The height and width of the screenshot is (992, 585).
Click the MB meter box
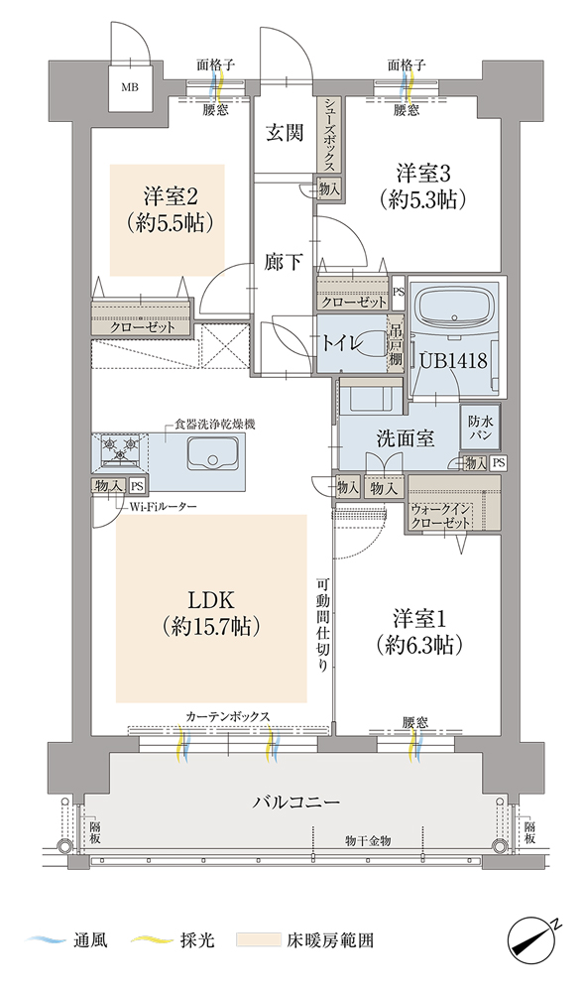click(x=130, y=87)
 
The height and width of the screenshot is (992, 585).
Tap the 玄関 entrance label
click(x=285, y=133)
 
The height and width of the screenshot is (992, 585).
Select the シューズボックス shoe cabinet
click(x=329, y=136)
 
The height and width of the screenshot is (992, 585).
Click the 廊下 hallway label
click(x=283, y=261)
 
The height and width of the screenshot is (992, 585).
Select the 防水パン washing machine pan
click(x=481, y=427)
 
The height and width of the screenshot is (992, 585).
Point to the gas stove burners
click(x=120, y=448)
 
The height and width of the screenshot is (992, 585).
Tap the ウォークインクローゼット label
click(x=440, y=516)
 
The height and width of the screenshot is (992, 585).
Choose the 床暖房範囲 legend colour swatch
click(x=259, y=939)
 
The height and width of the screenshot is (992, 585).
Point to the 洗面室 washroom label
click(x=405, y=438)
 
